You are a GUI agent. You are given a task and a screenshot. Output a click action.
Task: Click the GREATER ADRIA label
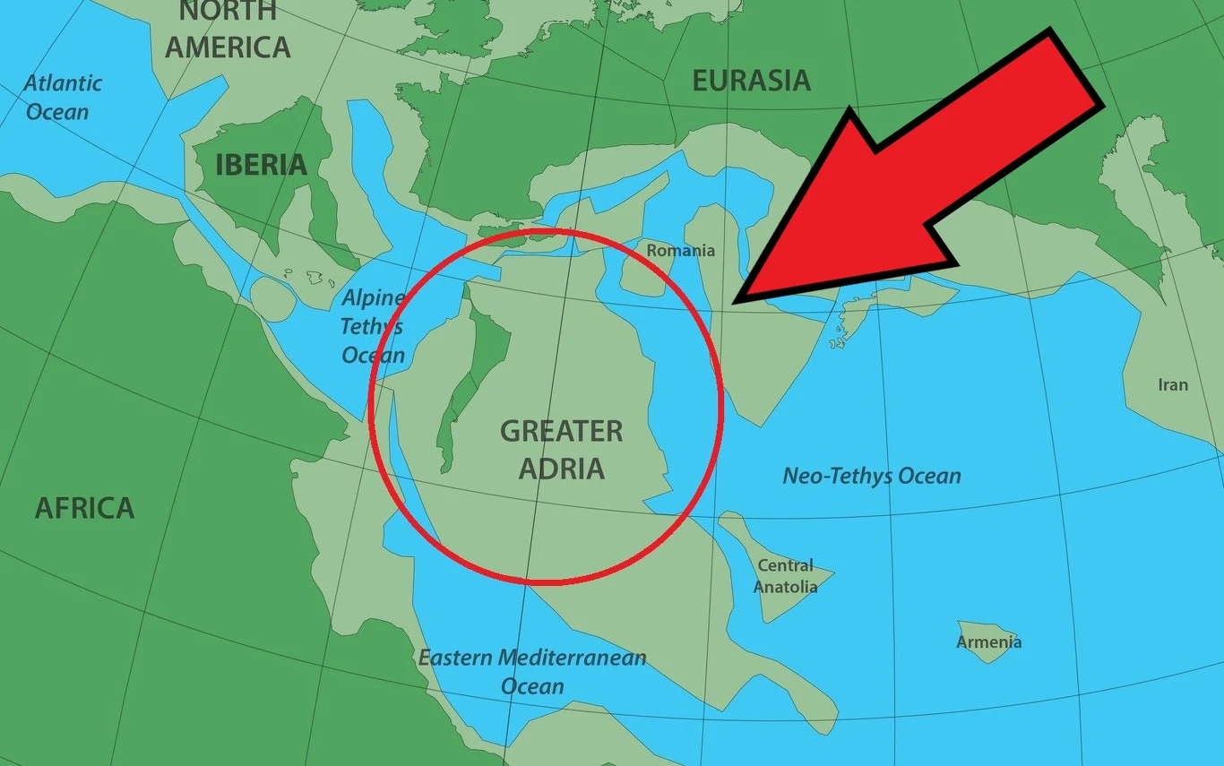point(562,449)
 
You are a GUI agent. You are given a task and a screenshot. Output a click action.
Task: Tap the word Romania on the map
point(681,251)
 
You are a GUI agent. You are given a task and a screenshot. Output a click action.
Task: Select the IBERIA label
point(261,165)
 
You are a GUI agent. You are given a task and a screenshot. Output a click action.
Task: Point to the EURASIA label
point(751,81)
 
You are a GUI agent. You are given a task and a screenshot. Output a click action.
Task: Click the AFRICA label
point(84,508)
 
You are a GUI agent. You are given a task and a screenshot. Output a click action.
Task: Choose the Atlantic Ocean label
point(62,97)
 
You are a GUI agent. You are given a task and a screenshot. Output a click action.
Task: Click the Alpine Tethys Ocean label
point(373,326)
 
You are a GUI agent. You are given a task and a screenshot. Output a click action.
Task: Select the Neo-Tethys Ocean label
point(871,476)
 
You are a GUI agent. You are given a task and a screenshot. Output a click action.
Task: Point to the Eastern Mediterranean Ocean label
point(532,671)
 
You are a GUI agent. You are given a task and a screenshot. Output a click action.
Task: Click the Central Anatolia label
point(785,576)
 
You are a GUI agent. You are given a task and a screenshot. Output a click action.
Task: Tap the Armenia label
point(988,641)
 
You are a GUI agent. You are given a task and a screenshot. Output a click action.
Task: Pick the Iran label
point(1172,385)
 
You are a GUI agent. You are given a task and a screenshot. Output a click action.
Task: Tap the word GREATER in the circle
point(562,431)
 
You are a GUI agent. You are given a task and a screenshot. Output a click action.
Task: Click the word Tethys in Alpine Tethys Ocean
point(371,326)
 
